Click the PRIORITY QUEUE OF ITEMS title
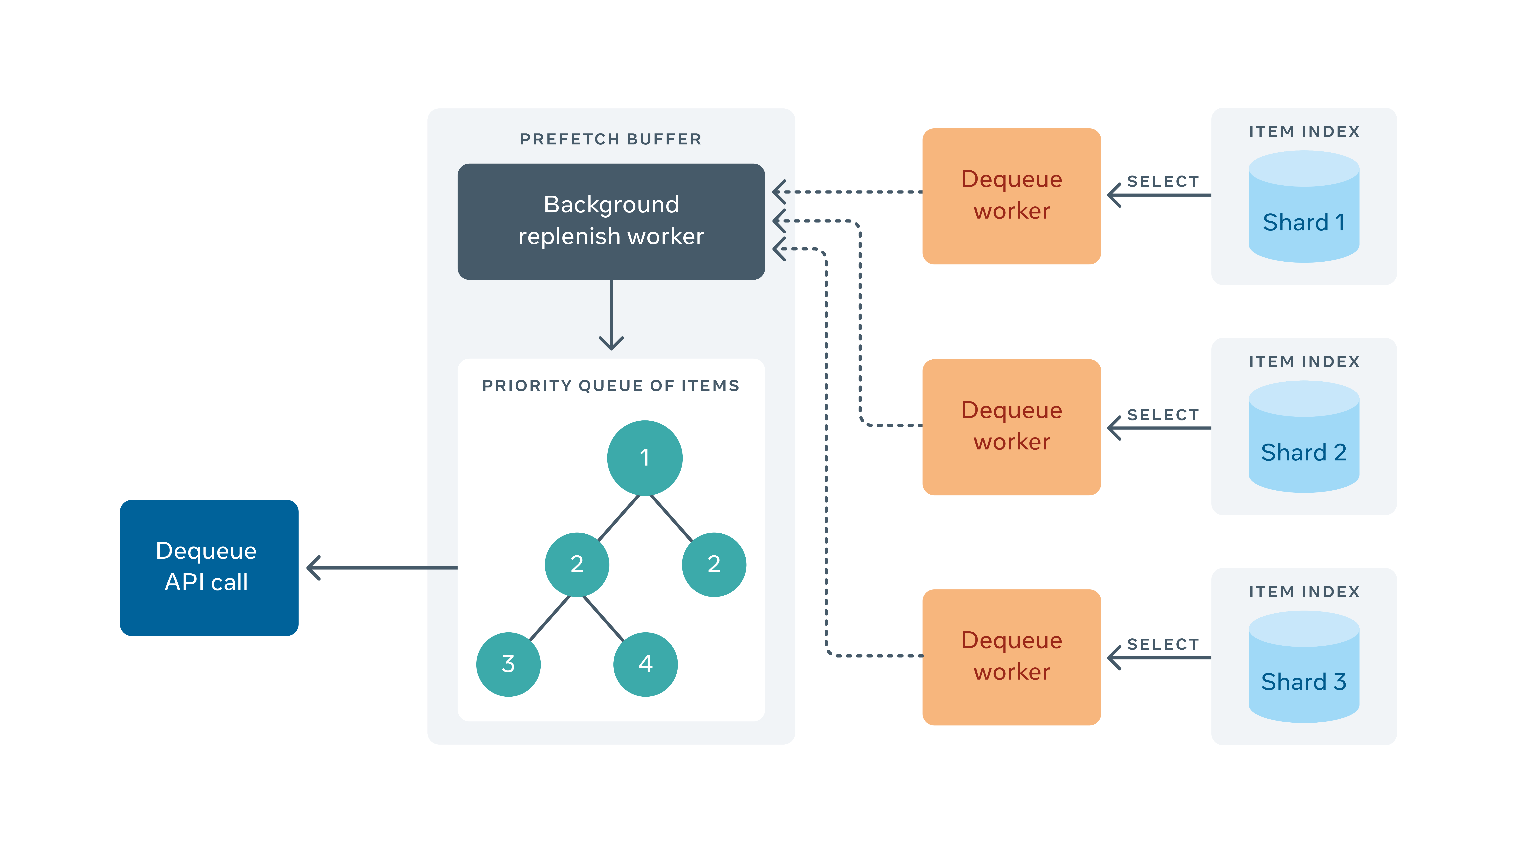click(x=611, y=386)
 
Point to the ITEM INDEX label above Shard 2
click(x=1304, y=361)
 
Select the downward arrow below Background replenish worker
click(x=611, y=315)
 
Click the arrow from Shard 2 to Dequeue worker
click(x=1159, y=428)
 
